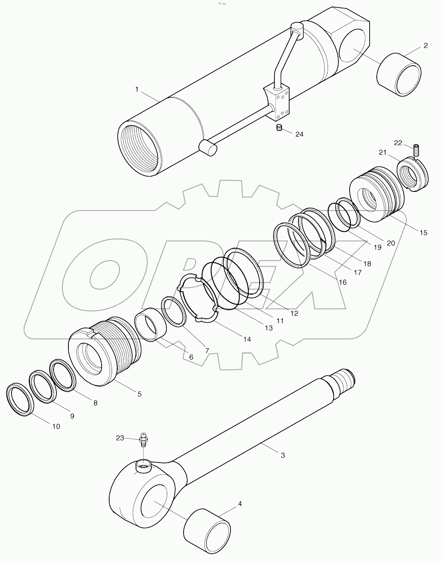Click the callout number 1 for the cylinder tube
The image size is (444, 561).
click(x=137, y=89)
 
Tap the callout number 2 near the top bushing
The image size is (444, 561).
click(x=426, y=45)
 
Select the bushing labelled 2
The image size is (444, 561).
click(x=399, y=74)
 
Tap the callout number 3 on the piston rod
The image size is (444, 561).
click(x=283, y=455)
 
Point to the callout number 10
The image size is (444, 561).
click(x=56, y=426)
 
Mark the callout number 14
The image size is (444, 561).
click(x=247, y=339)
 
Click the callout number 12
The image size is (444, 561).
click(x=294, y=313)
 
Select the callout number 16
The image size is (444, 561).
click(x=342, y=282)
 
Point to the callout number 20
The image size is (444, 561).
click(x=391, y=243)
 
